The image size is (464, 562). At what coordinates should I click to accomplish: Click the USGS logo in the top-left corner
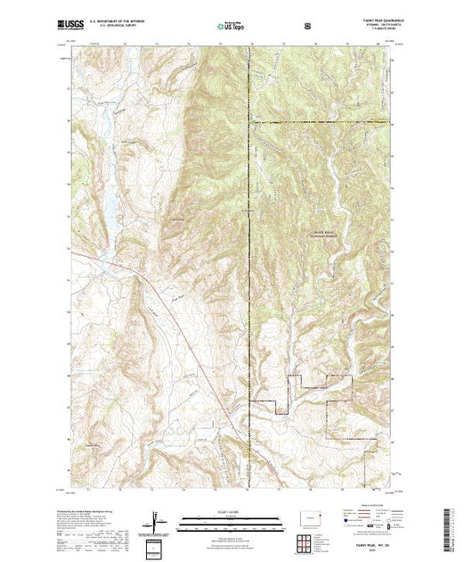[x=70, y=26]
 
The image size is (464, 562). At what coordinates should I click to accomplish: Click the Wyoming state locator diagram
[x=311, y=517]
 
